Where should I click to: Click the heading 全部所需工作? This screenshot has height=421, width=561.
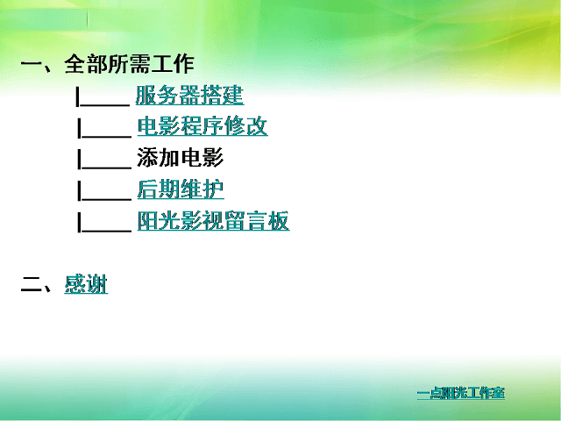point(129,64)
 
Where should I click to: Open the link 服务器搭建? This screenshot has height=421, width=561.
point(189,96)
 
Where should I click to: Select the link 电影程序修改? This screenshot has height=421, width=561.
point(202,126)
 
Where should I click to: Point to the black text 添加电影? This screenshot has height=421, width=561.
point(181,158)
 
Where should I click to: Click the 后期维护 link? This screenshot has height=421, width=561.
point(181,189)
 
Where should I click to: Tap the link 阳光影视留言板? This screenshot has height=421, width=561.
point(213,220)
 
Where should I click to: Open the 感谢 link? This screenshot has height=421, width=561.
point(86,284)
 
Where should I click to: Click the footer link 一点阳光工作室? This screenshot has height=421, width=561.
point(461,393)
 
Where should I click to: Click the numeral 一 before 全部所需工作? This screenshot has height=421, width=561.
point(32,65)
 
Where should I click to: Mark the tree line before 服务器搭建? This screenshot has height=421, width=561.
point(103,96)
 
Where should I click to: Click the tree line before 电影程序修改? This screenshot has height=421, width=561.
point(104,128)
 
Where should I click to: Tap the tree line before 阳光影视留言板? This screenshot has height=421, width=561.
point(104,222)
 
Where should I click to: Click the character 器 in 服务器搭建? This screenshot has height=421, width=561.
point(189,96)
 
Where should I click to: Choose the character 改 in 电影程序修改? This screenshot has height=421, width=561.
point(257,126)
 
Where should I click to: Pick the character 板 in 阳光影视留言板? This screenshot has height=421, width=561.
point(279,220)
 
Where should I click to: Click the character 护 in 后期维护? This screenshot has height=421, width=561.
point(213,189)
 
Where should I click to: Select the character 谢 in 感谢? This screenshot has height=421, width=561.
point(96,284)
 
